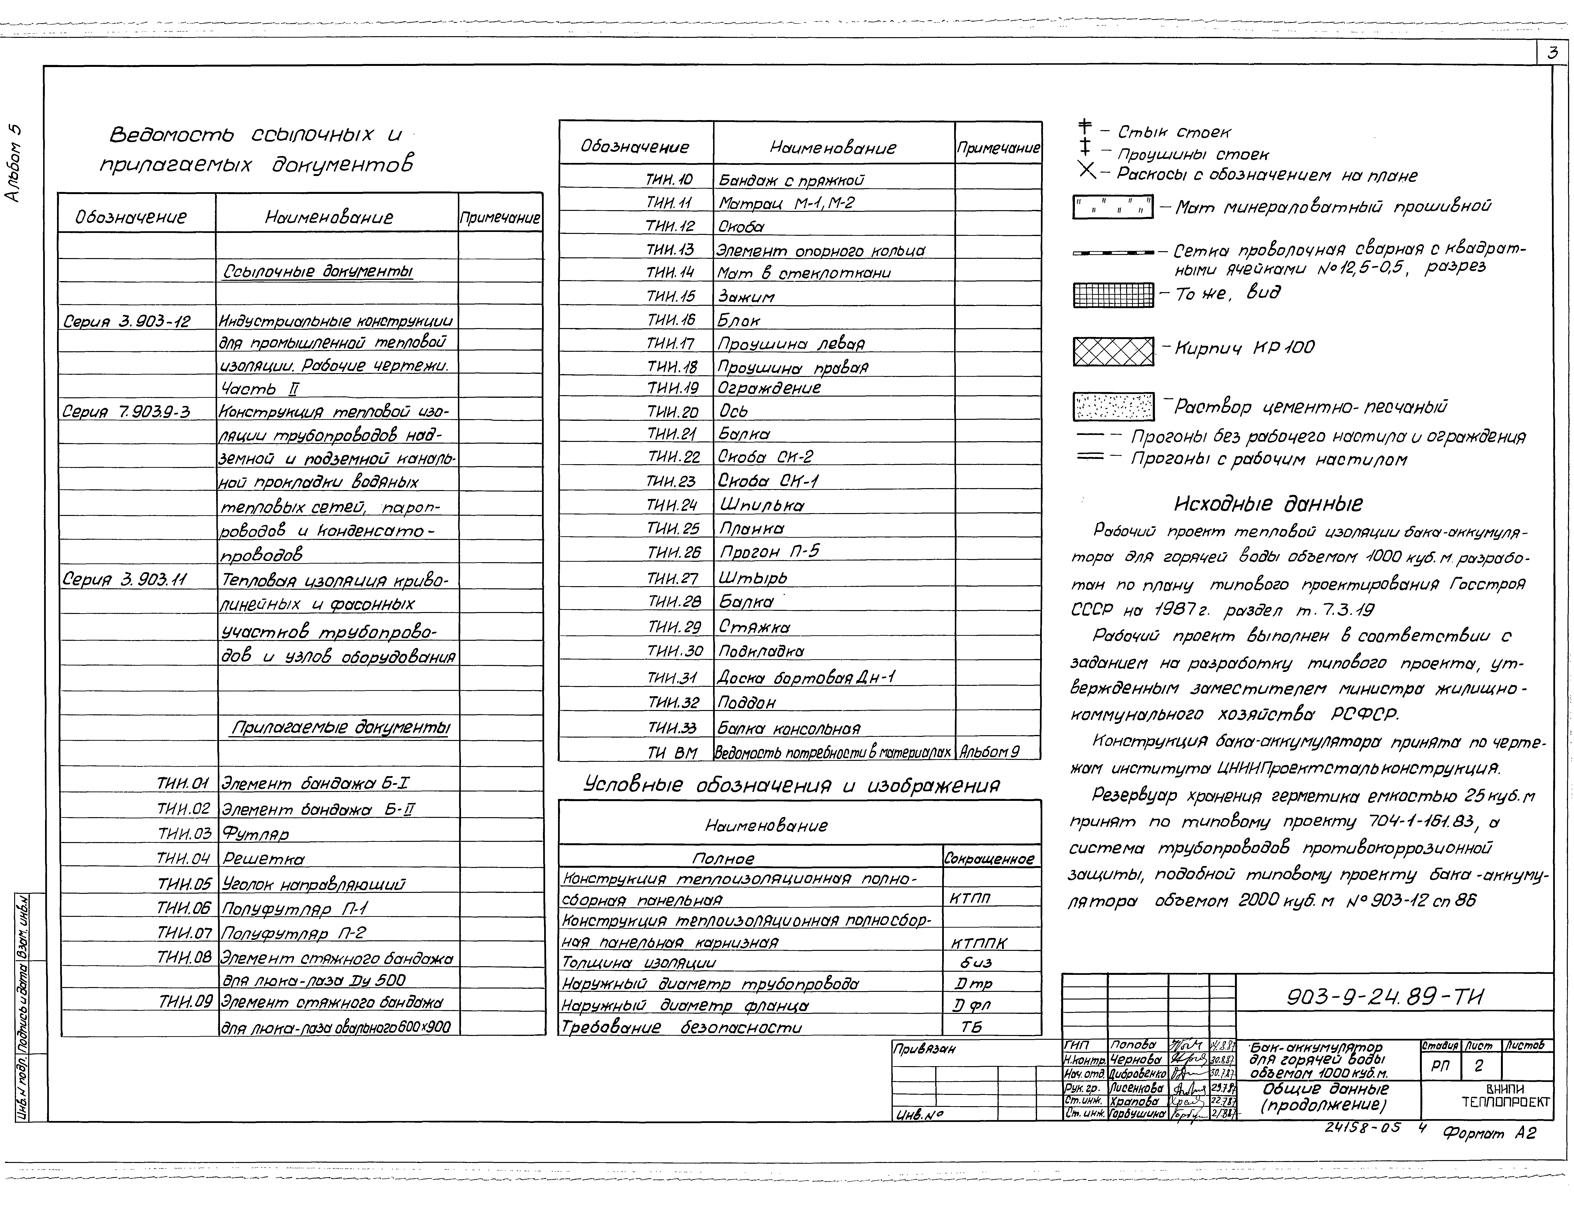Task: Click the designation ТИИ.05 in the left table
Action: (x=184, y=884)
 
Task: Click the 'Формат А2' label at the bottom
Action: (x=1489, y=1134)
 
